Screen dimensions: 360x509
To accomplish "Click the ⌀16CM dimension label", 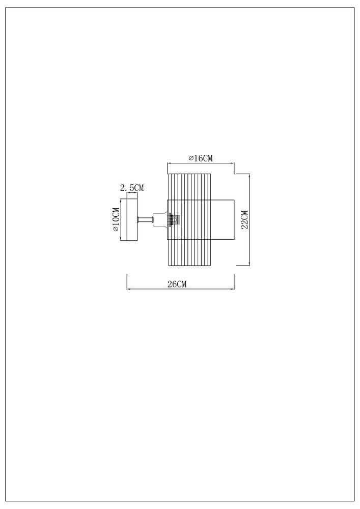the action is (201, 158).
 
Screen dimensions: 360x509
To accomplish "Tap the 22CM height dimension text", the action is (244, 220).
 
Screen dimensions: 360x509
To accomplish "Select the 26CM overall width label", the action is (177, 284).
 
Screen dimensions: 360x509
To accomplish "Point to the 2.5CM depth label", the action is (132, 187).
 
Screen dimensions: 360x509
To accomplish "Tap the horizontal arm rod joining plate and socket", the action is (146, 220).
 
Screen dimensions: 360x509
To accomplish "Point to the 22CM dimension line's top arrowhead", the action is (249, 176).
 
